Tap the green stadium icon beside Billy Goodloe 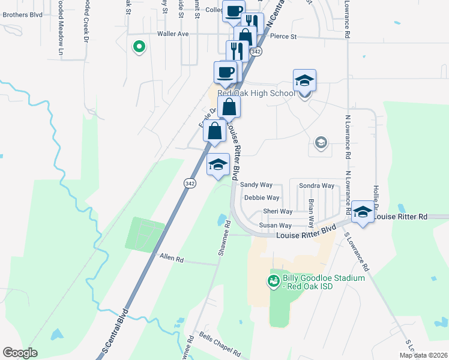point(273,280)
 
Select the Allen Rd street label point(171,258)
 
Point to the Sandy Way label point(256,185)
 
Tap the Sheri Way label point(277,211)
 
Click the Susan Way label point(276,226)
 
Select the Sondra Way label point(316,186)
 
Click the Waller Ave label point(173,34)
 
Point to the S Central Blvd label point(115,331)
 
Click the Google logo point(20,353)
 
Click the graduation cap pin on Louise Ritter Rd point(363,212)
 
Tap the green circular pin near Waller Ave point(139,46)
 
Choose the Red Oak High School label point(256,93)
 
